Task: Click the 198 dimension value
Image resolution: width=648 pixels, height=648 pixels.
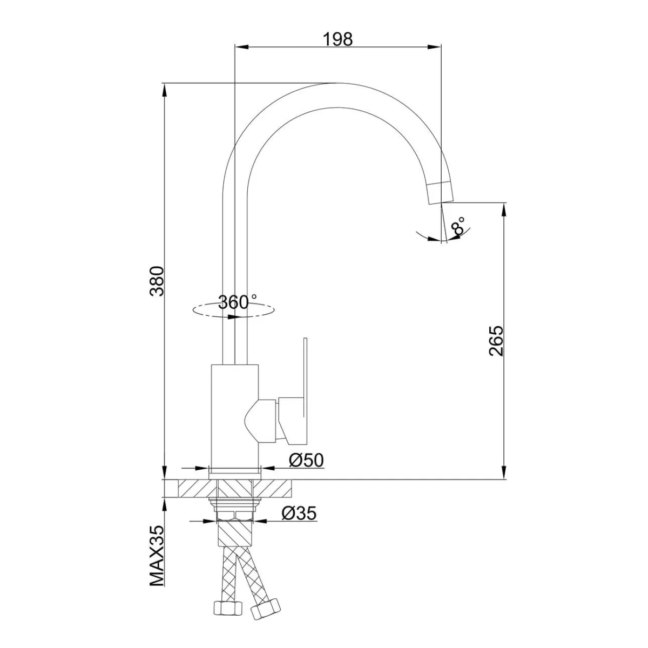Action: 337,39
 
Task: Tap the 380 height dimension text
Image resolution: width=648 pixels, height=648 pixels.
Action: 157,281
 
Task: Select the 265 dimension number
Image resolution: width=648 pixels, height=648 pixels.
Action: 496,341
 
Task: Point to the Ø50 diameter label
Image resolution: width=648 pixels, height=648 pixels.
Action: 306,460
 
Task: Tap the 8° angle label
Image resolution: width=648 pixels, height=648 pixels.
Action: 458,226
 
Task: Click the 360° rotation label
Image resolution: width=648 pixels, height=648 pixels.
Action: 238,302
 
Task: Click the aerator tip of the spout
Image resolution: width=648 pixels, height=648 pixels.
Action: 441,193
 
